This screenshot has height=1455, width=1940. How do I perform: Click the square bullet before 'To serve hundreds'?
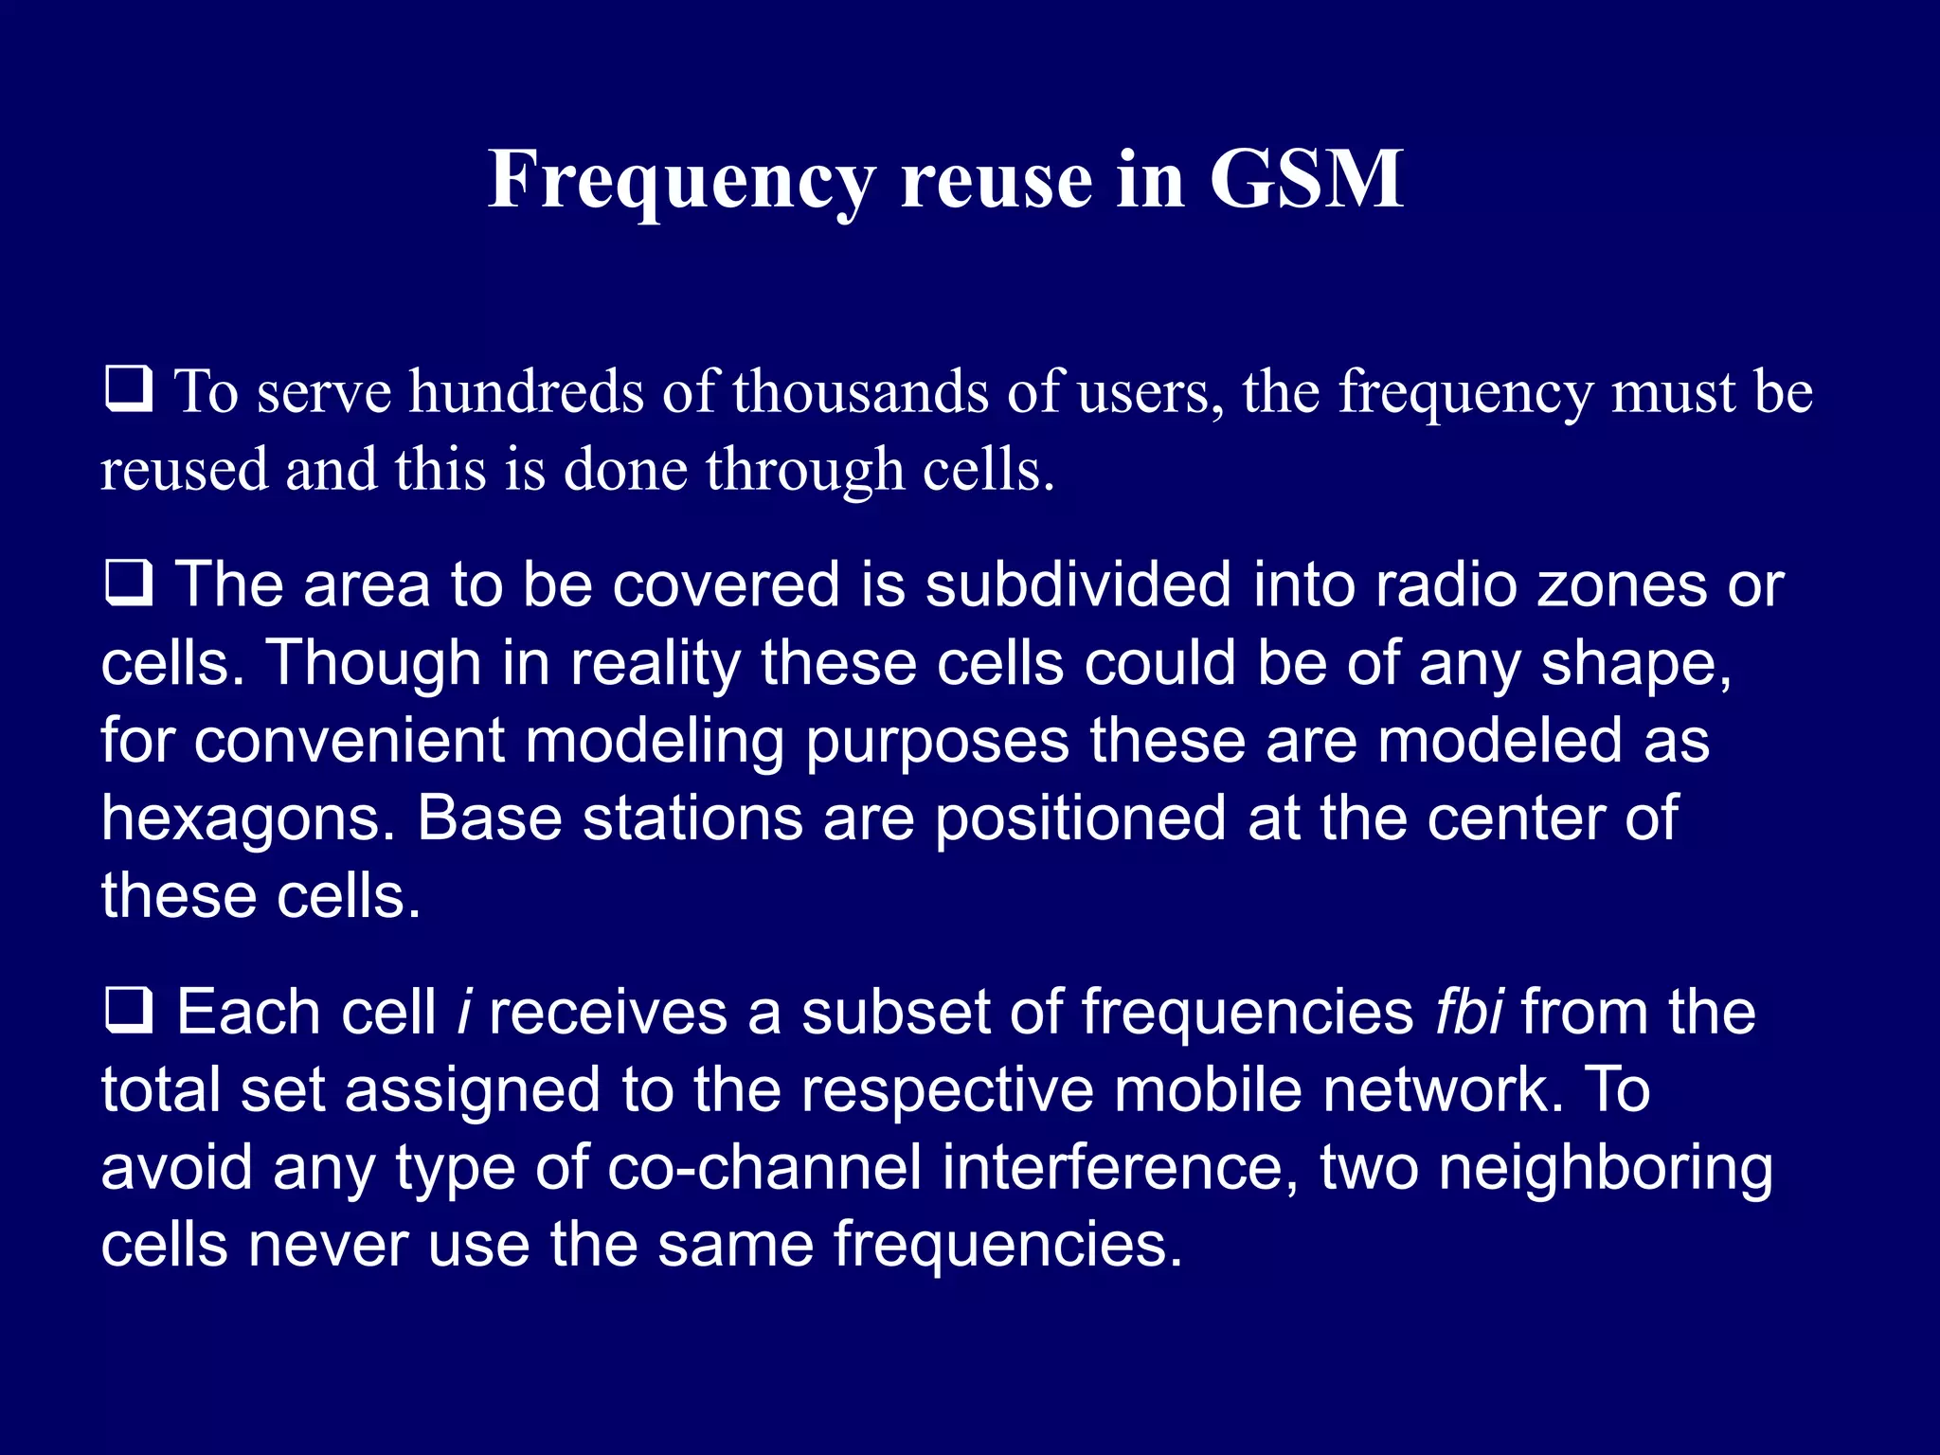tap(128, 389)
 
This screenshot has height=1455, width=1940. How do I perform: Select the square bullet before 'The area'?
tap(128, 583)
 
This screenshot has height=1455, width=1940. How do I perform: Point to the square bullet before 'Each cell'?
tap(128, 1010)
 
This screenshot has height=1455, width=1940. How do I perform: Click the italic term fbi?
tap(1468, 1012)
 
